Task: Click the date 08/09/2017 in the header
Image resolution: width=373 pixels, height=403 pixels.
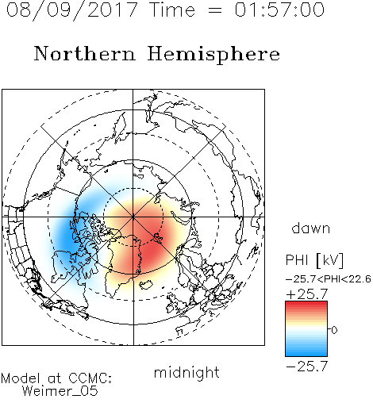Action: click(x=71, y=10)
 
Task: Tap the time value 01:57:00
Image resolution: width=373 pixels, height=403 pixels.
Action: click(x=279, y=10)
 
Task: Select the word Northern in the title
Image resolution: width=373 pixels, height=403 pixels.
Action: click(x=85, y=54)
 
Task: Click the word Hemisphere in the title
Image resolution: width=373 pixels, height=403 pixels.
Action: click(x=213, y=55)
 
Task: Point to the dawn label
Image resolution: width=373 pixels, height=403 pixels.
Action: click(x=311, y=228)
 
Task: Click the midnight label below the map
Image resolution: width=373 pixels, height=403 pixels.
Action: click(x=186, y=372)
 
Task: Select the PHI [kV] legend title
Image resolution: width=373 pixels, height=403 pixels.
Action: click(x=314, y=260)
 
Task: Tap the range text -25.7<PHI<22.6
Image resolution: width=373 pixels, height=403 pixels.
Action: click(x=329, y=279)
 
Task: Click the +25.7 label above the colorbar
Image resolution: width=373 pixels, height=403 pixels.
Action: click(x=307, y=294)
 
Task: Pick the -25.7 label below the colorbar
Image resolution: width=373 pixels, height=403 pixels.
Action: click(x=307, y=367)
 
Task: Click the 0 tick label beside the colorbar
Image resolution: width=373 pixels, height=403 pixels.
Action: click(x=334, y=330)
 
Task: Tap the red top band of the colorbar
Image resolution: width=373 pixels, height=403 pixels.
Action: click(x=306, y=305)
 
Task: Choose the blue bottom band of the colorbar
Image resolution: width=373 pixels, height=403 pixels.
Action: click(x=306, y=352)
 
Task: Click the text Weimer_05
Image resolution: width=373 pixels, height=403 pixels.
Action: click(x=60, y=391)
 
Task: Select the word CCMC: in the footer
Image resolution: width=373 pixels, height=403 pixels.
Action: click(x=90, y=378)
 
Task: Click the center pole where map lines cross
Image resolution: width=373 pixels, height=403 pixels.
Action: click(x=133, y=217)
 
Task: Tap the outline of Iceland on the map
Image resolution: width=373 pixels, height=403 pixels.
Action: click(x=146, y=285)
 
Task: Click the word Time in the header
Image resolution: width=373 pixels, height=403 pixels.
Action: click(x=172, y=10)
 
